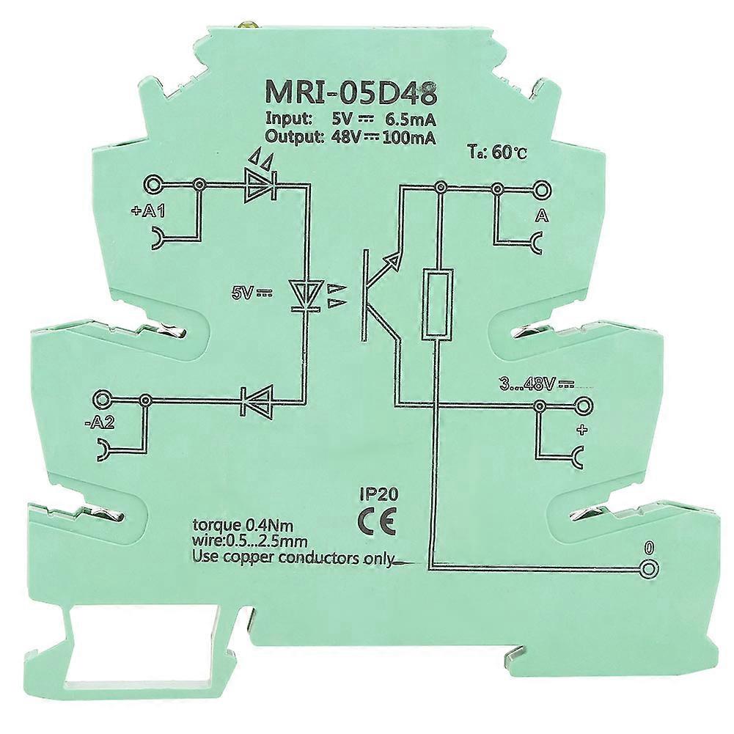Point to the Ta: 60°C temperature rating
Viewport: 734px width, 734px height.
coord(496,154)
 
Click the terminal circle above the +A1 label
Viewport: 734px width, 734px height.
coord(153,185)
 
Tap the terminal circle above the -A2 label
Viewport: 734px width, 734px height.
coord(103,400)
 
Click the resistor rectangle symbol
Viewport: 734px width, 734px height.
coord(437,304)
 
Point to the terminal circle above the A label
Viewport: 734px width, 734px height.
coord(543,190)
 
